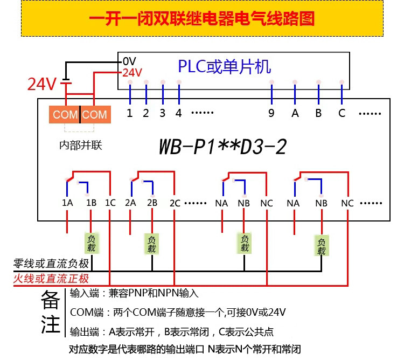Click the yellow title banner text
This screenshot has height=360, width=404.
pos(202,18)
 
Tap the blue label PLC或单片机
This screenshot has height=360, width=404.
pos(225,67)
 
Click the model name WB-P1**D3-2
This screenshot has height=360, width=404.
pos(222,147)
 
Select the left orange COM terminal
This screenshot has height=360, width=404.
pos(65,114)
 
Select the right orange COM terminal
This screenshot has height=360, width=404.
pos(95,114)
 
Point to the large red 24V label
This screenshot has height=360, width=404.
pos(41,84)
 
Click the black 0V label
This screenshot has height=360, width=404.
pos(129,61)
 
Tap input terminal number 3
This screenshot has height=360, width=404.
pos(162,113)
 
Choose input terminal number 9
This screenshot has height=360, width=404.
pos(271,113)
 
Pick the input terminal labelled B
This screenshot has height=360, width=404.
pos(318,113)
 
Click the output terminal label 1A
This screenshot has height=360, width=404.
pos(67,203)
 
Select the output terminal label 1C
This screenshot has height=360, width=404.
pos(110,203)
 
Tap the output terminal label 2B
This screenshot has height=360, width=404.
pos(152,203)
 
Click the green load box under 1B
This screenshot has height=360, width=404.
pos(92,244)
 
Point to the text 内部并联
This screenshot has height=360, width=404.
pos(81,146)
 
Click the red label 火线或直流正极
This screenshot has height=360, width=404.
pos(51,279)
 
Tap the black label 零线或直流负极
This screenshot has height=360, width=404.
pos(51,264)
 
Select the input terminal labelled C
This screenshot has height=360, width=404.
pos(342,113)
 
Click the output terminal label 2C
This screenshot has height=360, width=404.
pos(175,203)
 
